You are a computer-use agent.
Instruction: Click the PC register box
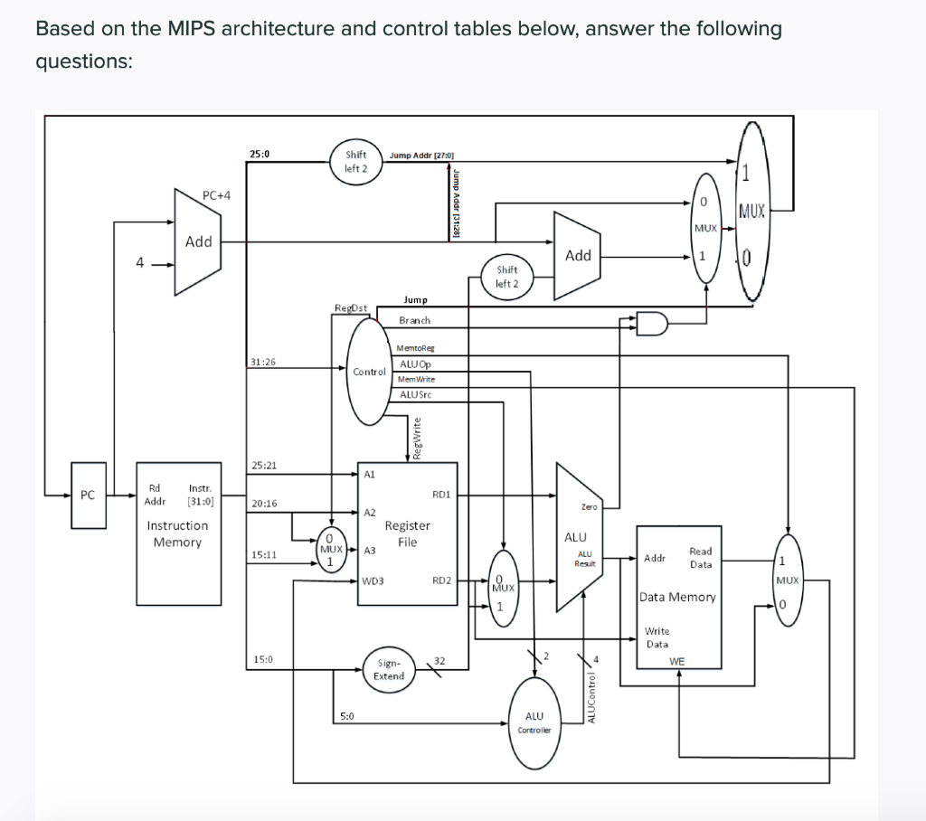pos(87,495)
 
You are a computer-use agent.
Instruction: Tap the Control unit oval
pos(369,372)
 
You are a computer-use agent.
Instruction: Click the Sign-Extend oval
pos(389,670)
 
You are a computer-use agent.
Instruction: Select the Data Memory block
pos(678,597)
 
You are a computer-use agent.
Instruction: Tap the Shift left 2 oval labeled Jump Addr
pos(356,161)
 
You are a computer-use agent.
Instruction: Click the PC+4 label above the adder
pos(217,195)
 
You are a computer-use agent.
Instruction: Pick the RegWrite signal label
pos(416,439)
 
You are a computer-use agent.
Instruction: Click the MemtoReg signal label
pos(415,348)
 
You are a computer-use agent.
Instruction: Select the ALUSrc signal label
pos(415,394)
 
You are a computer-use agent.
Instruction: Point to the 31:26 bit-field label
pos(264,362)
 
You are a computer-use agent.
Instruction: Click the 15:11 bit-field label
pos(264,554)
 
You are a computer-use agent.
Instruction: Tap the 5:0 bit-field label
pos(347,715)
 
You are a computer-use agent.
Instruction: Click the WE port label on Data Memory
pos(676,661)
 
